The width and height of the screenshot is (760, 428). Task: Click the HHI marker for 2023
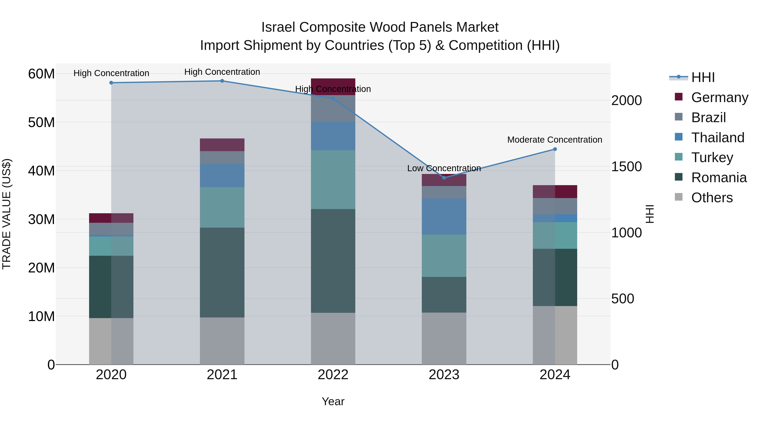click(444, 178)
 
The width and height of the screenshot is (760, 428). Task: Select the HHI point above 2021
click(222, 81)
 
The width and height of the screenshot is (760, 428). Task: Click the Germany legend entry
click(719, 97)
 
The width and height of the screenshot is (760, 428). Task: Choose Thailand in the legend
click(718, 138)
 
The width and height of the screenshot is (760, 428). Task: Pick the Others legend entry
click(712, 198)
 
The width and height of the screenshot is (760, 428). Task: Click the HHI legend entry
click(703, 77)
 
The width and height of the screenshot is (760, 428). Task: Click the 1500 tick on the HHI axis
click(626, 167)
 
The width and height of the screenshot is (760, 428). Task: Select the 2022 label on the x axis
click(333, 375)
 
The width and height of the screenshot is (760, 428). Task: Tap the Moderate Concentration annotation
click(555, 140)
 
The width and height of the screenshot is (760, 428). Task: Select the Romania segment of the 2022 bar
click(333, 261)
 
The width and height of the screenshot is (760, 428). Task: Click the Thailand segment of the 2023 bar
click(444, 216)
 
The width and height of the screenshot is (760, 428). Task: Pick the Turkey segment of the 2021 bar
click(222, 207)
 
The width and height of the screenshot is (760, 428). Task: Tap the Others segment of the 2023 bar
click(444, 339)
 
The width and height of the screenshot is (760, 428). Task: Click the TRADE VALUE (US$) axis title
click(7, 214)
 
